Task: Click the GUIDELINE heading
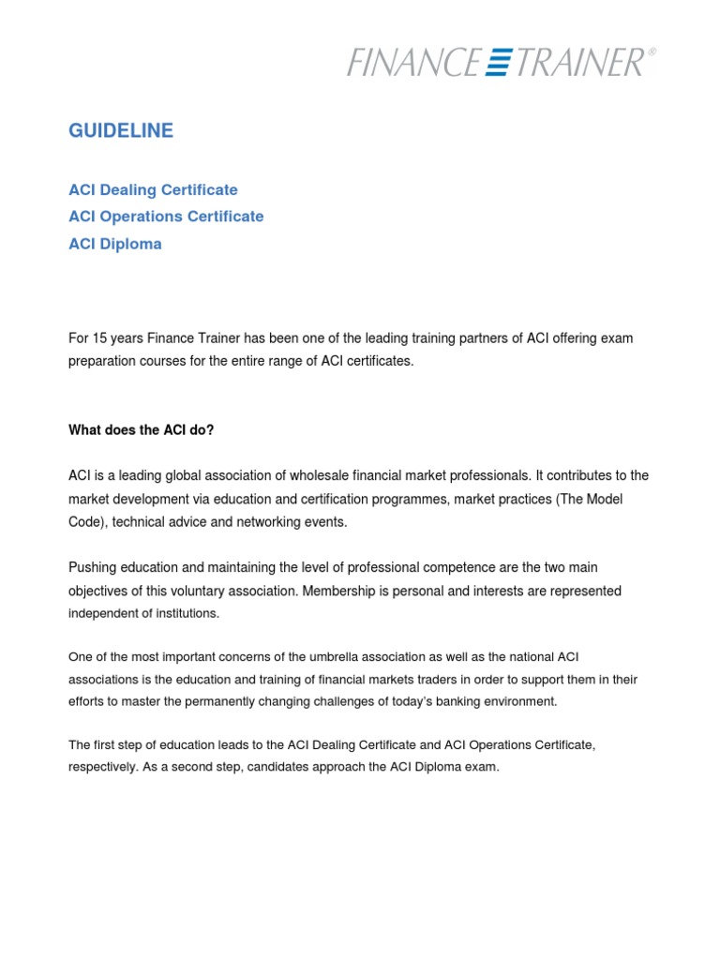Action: click(x=121, y=131)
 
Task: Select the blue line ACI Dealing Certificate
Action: click(x=153, y=190)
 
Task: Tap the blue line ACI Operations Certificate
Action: click(x=166, y=217)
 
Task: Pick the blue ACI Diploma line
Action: click(x=115, y=244)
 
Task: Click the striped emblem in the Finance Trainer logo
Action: click(x=498, y=63)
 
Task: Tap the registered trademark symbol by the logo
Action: click(x=652, y=53)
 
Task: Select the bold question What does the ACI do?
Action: click(x=142, y=430)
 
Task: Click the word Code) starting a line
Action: click(x=88, y=522)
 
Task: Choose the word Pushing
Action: click(x=93, y=568)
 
